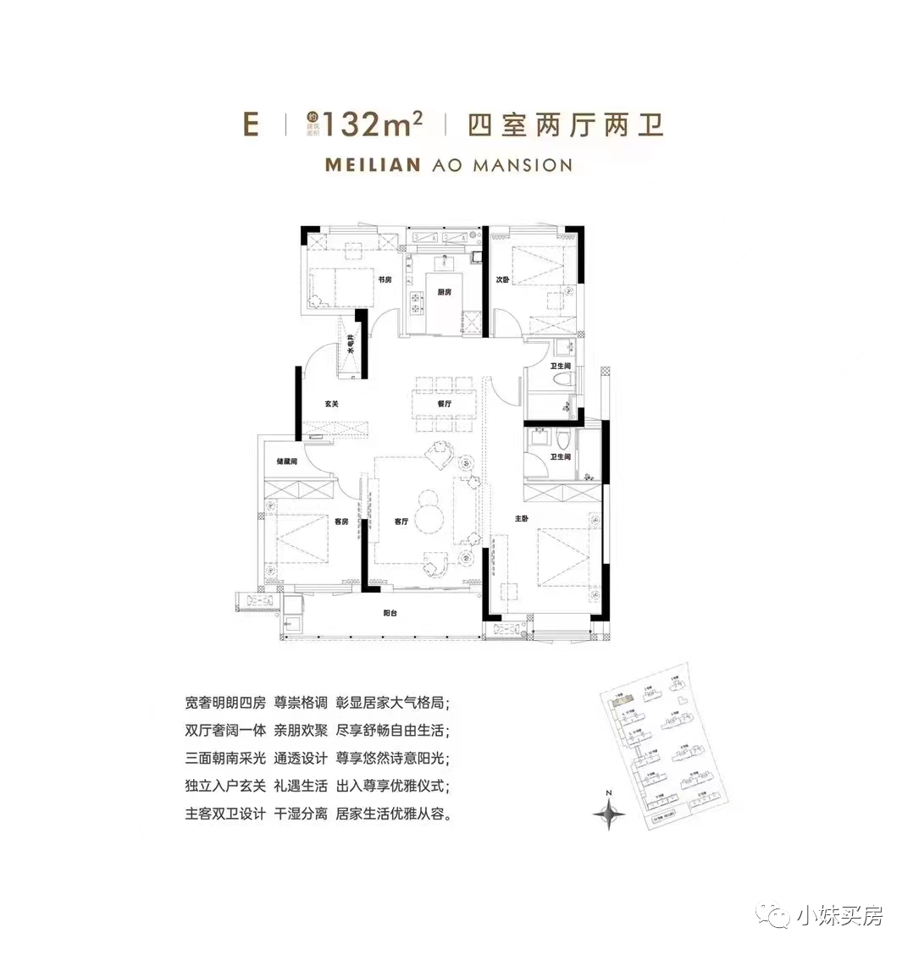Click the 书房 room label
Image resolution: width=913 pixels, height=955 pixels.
point(385,280)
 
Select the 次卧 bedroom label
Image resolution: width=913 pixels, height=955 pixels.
point(502,280)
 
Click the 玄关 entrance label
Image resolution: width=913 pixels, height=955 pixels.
point(331,404)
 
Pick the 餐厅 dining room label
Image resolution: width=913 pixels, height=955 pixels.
point(445,404)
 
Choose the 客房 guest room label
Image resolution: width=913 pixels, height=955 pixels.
point(340,522)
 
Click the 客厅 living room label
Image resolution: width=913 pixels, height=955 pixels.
point(401,522)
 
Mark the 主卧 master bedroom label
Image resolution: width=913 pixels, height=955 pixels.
point(521,518)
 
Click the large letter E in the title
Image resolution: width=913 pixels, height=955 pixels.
point(250,125)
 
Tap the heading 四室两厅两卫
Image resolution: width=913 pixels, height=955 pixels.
point(565,126)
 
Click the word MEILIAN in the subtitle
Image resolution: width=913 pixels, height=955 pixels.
point(373,165)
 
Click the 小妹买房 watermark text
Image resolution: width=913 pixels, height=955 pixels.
point(839,915)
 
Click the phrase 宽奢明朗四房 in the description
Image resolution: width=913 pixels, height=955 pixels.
point(225,703)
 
